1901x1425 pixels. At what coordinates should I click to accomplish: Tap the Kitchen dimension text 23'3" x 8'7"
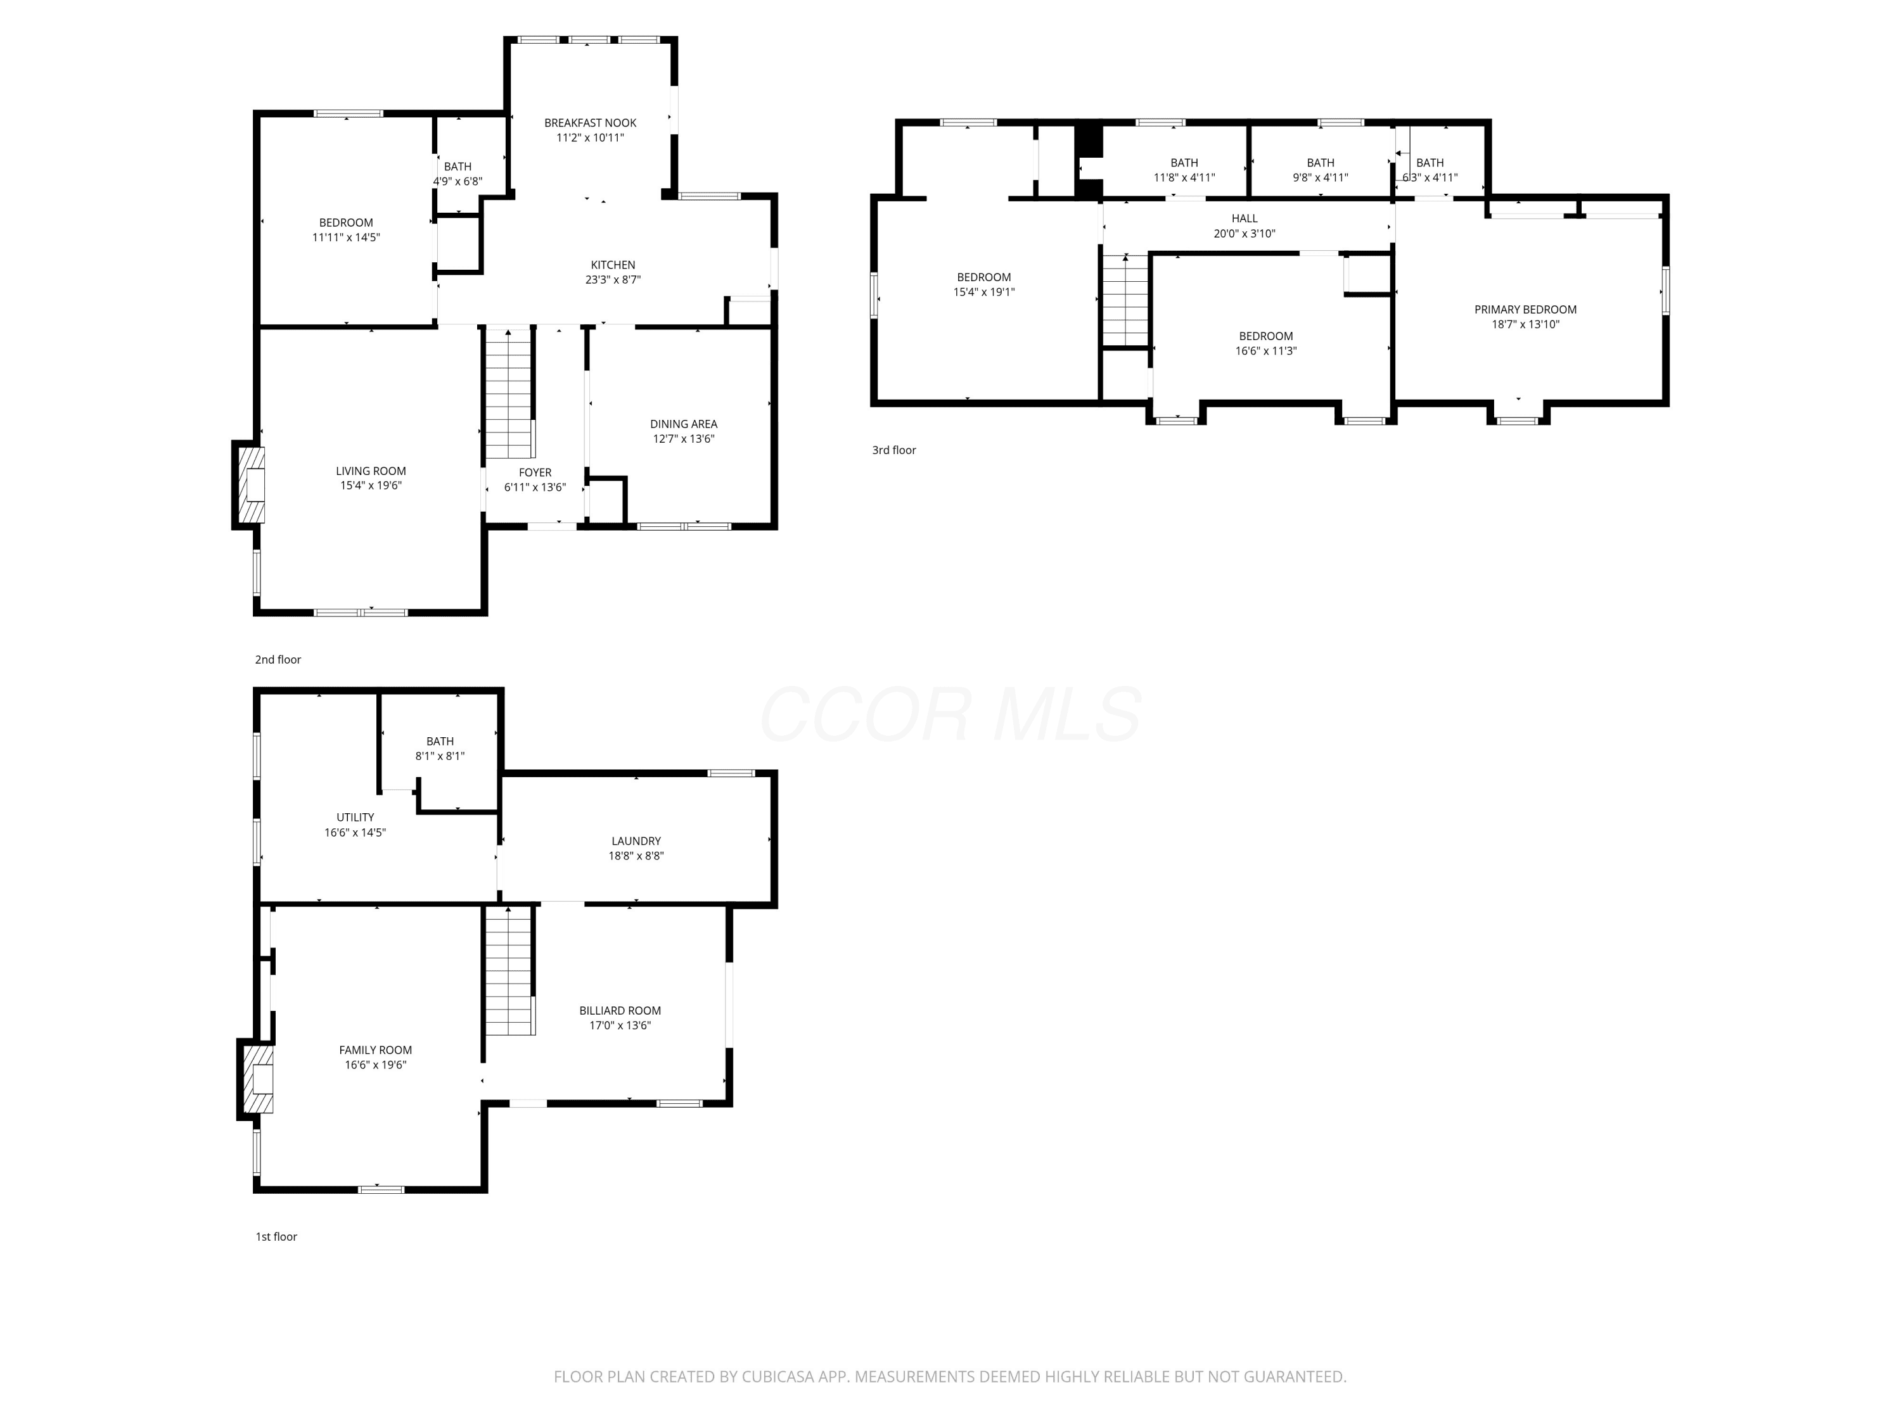click(x=613, y=279)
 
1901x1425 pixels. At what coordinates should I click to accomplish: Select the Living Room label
click(x=371, y=471)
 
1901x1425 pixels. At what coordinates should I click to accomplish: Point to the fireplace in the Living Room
click(x=248, y=484)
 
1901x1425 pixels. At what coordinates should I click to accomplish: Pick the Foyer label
click(x=535, y=472)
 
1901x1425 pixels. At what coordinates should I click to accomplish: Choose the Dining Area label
click(x=683, y=424)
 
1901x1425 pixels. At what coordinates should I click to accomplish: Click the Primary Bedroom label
click(x=1525, y=309)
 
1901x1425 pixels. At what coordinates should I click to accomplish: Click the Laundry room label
click(x=636, y=841)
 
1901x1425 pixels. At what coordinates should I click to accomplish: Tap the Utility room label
click(x=355, y=817)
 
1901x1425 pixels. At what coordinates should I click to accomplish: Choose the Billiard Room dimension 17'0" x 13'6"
click(x=620, y=1025)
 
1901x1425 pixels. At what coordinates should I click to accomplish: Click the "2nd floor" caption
click(x=278, y=660)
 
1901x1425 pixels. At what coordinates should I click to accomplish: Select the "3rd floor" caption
click(x=893, y=450)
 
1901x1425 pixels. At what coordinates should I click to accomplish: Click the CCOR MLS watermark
click(x=951, y=714)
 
